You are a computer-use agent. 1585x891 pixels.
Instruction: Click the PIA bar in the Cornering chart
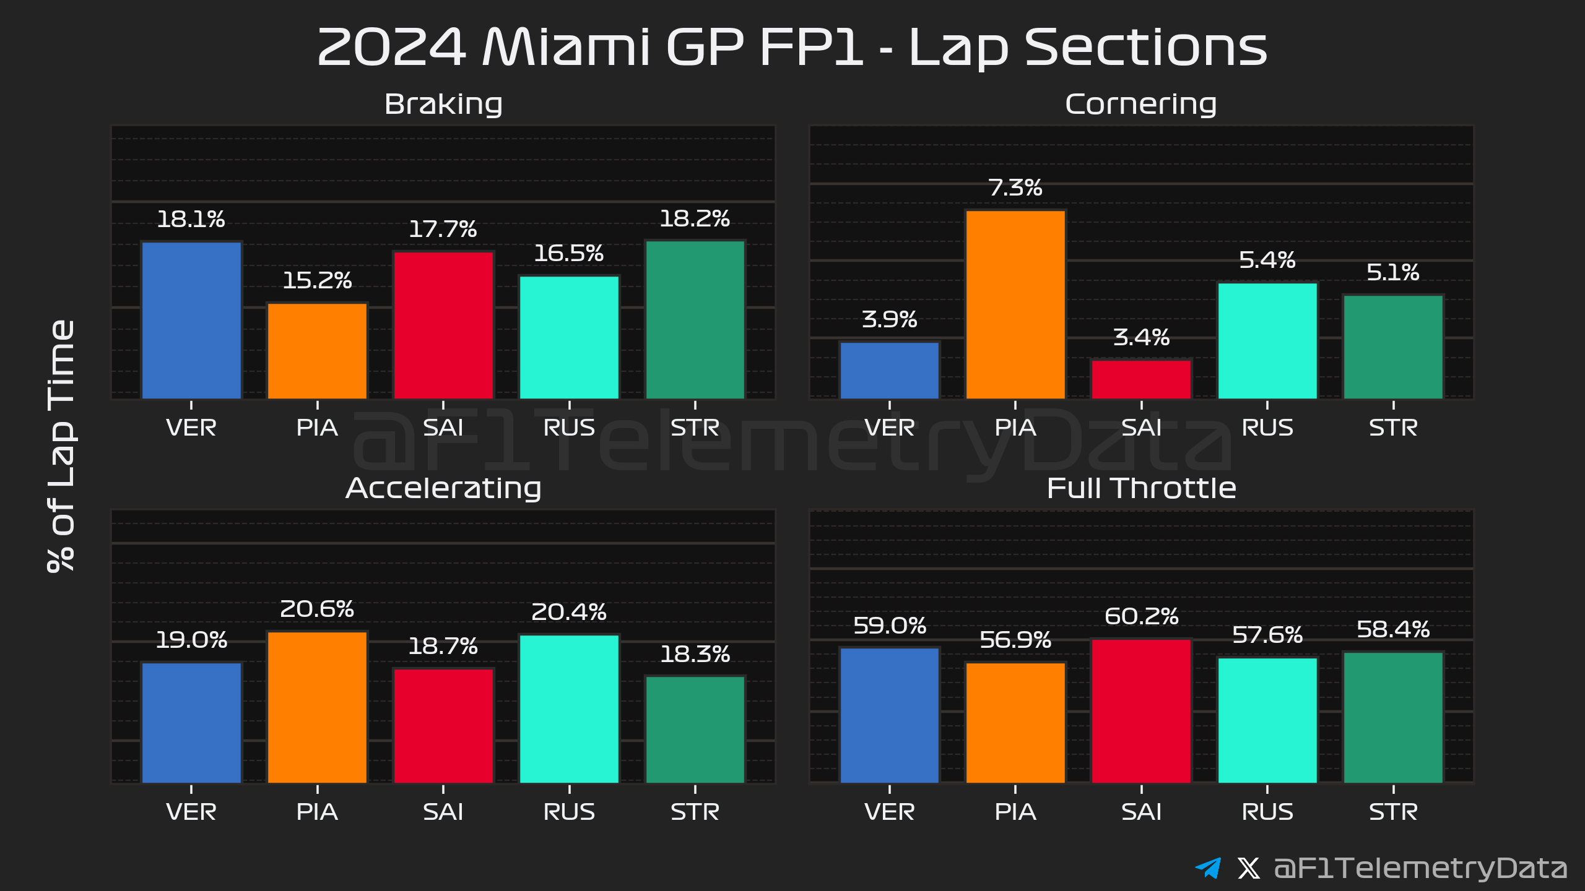click(1015, 304)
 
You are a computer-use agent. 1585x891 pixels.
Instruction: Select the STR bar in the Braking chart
click(695, 319)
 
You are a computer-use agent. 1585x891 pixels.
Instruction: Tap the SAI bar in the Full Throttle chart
click(1141, 711)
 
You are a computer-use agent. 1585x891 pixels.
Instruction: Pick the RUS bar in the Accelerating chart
click(569, 708)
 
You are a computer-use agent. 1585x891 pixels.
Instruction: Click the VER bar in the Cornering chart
click(889, 370)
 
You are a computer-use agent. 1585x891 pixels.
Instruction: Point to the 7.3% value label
click(1015, 187)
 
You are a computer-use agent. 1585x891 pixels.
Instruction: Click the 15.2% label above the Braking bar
click(317, 281)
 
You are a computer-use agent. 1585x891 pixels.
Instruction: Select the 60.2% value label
click(1141, 616)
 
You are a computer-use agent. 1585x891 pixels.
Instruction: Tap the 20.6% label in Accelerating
click(317, 609)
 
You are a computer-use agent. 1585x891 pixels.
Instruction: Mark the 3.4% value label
click(1141, 338)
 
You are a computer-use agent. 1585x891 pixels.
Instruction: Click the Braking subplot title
click(443, 104)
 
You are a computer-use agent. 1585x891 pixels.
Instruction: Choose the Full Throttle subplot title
click(1141, 488)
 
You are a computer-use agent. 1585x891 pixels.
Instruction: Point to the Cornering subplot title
click(1140, 104)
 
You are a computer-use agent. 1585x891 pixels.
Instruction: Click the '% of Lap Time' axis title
click(62, 445)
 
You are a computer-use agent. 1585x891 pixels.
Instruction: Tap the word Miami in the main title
click(566, 47)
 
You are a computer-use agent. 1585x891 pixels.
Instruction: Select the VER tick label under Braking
click(191, 428)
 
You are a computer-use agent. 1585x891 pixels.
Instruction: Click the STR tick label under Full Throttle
click(1393, 812)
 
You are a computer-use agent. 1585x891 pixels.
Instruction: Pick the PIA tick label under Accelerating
click(317, 812)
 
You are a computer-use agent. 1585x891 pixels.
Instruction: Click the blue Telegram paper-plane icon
click(1208, 867)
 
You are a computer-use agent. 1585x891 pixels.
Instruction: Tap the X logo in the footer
click(1248, 868)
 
